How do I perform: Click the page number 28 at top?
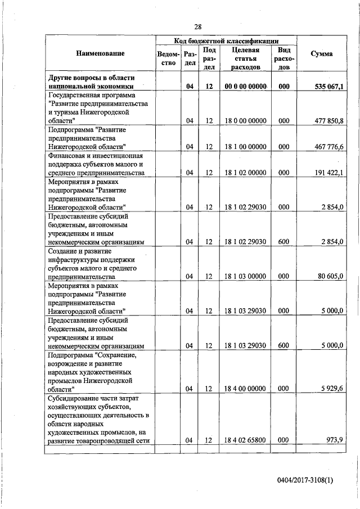pyautogui.click(x=198, y=26)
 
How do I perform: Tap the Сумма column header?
pyautogui.click(x=321, y=53)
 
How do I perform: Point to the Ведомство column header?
pyautogui.click(x=169, y=58)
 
